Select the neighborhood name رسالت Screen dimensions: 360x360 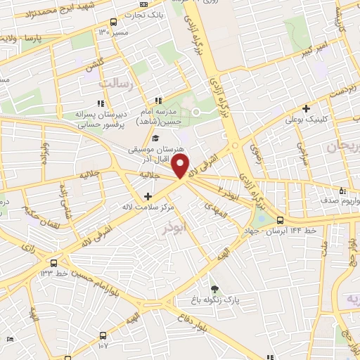pos(115,83)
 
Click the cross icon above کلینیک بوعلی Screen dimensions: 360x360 pos(306,108)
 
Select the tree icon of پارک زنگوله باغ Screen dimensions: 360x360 pos(214,288)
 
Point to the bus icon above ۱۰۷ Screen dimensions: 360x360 pos(103,335)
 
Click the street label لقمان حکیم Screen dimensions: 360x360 pos(31,216)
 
